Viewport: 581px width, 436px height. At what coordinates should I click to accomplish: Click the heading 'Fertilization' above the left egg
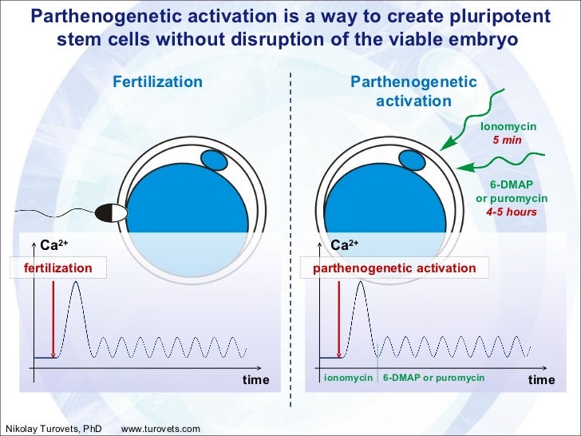point(157,81)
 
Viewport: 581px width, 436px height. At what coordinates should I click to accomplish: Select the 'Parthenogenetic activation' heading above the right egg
point(413,92)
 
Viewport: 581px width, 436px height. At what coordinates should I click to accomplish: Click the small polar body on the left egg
point(214,161)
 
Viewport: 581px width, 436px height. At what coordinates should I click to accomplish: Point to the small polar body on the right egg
point(413,160)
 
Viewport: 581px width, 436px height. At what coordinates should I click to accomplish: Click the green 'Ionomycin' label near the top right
point(508,127)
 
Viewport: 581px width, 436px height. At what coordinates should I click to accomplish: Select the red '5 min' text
point(508,140)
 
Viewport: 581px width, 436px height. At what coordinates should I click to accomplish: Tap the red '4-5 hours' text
point(511,212)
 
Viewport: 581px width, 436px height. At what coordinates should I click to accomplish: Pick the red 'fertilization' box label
point(57,268)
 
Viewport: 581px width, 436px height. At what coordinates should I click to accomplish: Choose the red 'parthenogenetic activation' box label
point(393,268)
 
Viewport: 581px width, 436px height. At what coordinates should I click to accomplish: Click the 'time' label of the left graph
point(256,379)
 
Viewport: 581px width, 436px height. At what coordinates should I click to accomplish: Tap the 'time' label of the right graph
point(541,379)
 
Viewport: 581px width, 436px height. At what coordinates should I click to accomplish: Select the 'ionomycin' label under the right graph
point(348,379)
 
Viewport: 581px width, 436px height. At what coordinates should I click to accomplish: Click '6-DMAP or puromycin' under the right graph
point(433,379)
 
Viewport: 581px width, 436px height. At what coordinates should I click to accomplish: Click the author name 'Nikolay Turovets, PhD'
point(53,429)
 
